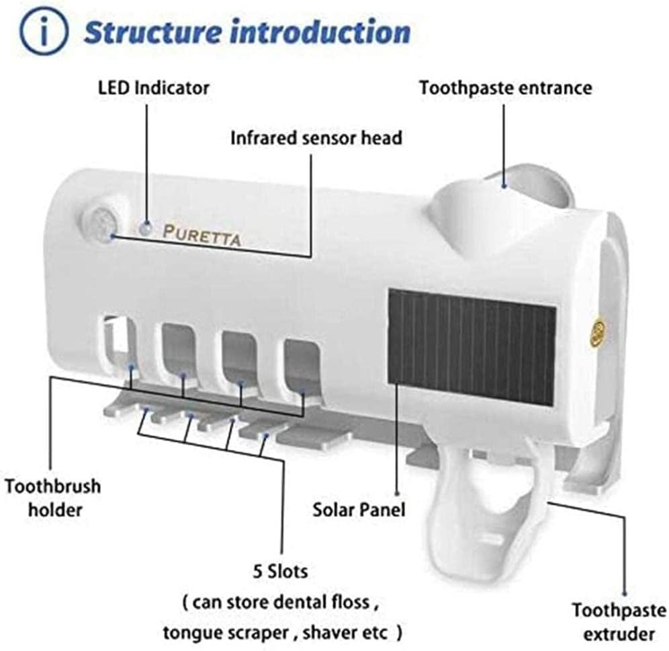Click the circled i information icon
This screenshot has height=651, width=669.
tap(44, 31)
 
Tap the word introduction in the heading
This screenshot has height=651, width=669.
tap(320, 32)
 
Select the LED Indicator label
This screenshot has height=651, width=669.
tap(154, 88)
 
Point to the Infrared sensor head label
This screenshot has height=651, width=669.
tap(316, 138)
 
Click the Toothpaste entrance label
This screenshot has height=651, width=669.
tap(506, 88)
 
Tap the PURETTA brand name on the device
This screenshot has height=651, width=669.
tap(202, 235)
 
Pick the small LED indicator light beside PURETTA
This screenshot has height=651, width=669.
tap(146, 229)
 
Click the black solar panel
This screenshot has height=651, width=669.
tap(472, 347)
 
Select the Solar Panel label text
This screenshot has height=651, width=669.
tap(359, 510)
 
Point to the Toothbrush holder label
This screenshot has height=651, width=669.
tap(53, 498)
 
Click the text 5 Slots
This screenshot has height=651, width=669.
tap(280, 571)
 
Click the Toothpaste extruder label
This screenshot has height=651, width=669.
tap(619, 622)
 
